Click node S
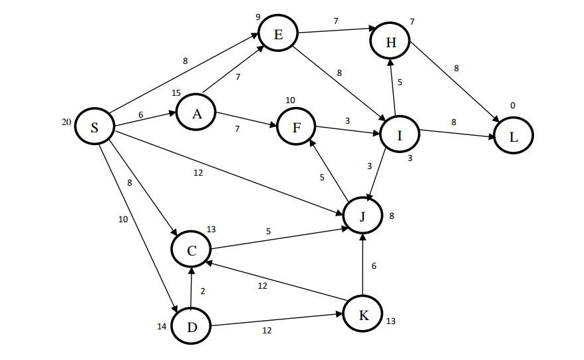click(x=94, y=127)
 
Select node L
click(x=513, y=136)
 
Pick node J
click(x=363, y=216)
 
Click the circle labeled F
click(x=296, y=127)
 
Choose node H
click(x=391, y=42)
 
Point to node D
click(x=191, y=326)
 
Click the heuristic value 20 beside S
click(x=67, y=122)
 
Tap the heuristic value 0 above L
click(x=513, y=106)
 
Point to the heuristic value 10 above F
click(x=290, y=100)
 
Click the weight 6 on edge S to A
click(x=141, y=114)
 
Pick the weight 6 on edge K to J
click(x=374, y=266)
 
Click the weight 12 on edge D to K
click(x=266, y=330)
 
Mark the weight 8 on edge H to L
click(x=456, y=68)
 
